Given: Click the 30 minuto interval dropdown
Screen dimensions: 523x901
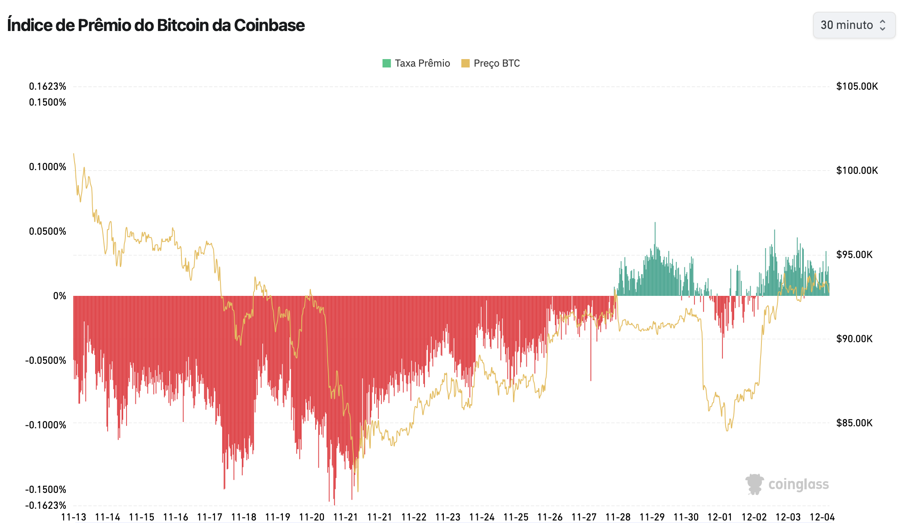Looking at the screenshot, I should [x=853, y=25].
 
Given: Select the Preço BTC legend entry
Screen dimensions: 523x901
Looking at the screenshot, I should [x=491, y=63].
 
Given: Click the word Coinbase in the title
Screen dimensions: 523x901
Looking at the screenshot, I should [x=269, y=25].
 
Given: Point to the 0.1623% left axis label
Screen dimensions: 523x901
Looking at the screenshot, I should [x=48, y=86].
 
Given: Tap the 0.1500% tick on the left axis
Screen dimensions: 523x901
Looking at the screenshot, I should [x=48, y=102].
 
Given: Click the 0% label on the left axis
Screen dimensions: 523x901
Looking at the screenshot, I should [x=60, y=296].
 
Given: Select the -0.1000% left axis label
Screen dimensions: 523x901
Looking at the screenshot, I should [x=46, y=425].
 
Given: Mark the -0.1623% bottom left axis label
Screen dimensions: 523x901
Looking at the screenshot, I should [x=46, y=505].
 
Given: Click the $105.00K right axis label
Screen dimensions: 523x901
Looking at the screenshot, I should [x=857, y=86].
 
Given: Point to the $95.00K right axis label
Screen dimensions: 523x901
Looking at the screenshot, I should [x=854, y=254].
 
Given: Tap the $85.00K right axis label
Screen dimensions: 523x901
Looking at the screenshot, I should [x=854, y=422].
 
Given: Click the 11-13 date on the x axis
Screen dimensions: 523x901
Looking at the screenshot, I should [x=74, y=517].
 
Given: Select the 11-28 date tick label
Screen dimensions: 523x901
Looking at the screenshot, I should [x=618, y=517].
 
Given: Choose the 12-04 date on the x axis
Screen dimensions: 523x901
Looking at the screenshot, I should [x=822, y=517].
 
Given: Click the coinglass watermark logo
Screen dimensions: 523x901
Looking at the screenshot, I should [x=787, y=484].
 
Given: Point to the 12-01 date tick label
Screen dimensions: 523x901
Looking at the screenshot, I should [x=720, y=517].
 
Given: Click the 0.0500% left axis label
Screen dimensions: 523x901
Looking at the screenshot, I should [x=48, y=231].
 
